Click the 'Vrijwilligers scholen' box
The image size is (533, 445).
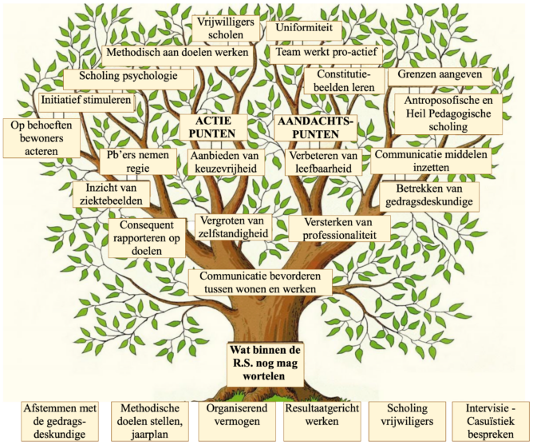coord(226,28)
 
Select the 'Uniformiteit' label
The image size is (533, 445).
coord(304,28)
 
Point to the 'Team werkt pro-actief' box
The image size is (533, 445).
coord(326,53)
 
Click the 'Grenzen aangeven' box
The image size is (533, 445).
coord(440,75)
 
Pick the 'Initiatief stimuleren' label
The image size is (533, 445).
coord(86,101)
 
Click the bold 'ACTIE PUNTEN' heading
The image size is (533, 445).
coord(213,127)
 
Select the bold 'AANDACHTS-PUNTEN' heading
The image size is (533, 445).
coord(316,128)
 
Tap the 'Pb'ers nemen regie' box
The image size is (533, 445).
coord(138,161)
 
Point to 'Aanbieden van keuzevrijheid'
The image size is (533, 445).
coord(224,162)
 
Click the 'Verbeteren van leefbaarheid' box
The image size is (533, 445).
coord(323,162)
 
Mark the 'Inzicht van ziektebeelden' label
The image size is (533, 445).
coord(111,194)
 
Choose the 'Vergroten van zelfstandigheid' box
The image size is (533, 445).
coord(233,227)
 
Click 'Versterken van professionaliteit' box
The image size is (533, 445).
coord(339,228)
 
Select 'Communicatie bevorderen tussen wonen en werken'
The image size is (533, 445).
coord(260,282)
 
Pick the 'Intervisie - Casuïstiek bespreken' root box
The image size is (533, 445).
coord(491,421)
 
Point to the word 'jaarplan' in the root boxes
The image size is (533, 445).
coord(149,435)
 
